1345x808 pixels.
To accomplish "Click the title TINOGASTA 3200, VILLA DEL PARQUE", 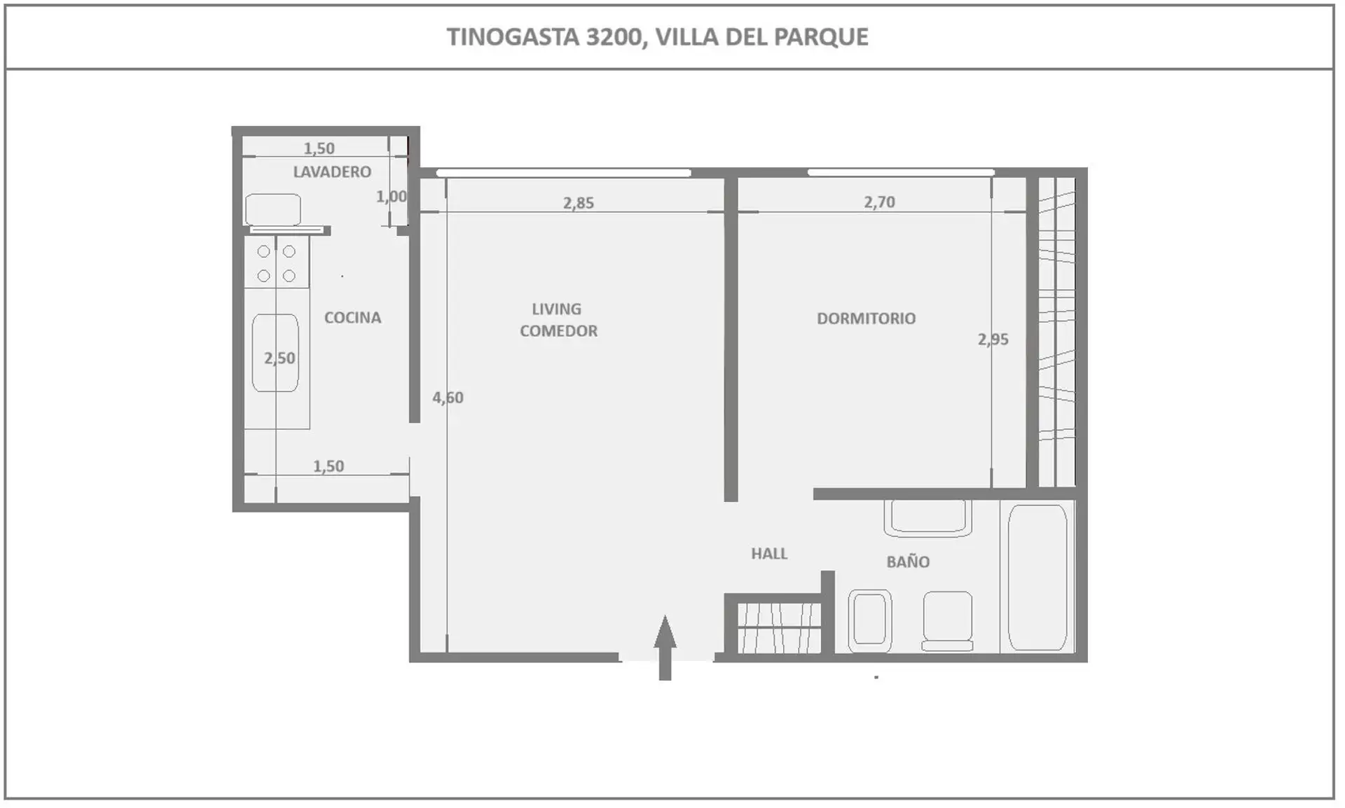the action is [658, 36].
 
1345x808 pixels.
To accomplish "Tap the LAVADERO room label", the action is [332, 172].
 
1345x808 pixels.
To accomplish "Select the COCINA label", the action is [352, 317].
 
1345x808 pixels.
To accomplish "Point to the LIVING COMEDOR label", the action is [558, 319].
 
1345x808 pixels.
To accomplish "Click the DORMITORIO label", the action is [867, 318].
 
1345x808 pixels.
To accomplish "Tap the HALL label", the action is [769, 553].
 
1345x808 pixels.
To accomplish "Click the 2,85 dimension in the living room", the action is [579, 203].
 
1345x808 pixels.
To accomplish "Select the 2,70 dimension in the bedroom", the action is [879, 202].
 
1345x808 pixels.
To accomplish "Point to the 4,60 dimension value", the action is [448, 398].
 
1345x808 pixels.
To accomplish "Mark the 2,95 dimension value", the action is [993, 340].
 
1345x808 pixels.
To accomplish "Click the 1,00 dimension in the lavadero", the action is [391, 197].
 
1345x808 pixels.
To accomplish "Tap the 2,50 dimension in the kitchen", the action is [280, 358].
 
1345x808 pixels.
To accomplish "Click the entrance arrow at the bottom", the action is [665, 647].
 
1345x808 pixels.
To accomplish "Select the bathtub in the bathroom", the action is [1037, 578].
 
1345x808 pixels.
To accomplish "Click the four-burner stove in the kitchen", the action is [277, 263].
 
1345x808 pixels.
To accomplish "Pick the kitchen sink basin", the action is [275, 352].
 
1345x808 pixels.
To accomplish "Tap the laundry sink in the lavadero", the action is [273, 209].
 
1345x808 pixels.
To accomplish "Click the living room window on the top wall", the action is [563, 172].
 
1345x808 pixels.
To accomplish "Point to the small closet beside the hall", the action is [778, 627].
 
